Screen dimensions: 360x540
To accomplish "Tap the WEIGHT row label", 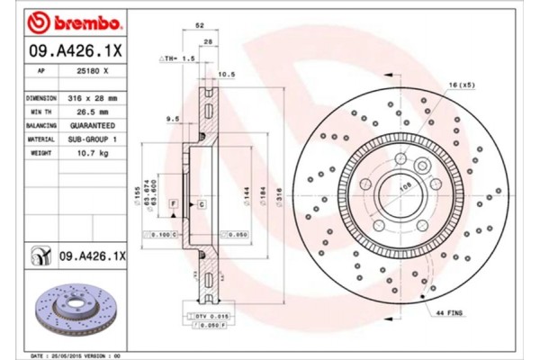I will [x=41, y=154].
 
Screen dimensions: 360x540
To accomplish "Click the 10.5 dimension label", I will [x=226, y=74].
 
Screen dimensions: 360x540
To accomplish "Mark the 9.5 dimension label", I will [x=172, y=118].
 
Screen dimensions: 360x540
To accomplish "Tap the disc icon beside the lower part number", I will [x=40, y=256].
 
